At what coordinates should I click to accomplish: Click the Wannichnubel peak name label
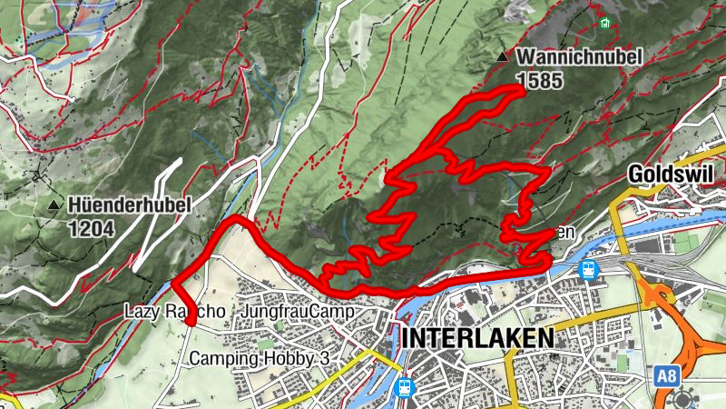click(x=579, y=57)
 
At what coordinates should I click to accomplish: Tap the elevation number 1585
click(x=534, y=79)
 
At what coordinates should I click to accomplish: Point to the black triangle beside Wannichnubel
click(x=502, y=58)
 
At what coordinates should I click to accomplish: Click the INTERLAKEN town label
click(x=476, y=338)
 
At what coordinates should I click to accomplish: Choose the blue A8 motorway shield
click(x=666, y=374)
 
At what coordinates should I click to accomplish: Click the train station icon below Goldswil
click(x=588, y=269)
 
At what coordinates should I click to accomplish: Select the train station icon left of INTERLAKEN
click(x=404, y=387)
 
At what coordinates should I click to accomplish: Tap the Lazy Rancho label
click(x=173, y=312)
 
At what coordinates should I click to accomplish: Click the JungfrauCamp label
click(x=296, y=312)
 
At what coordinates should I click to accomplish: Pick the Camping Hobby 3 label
click(x=259, y=359)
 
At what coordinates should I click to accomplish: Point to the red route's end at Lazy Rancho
click(x=191, y=320)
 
